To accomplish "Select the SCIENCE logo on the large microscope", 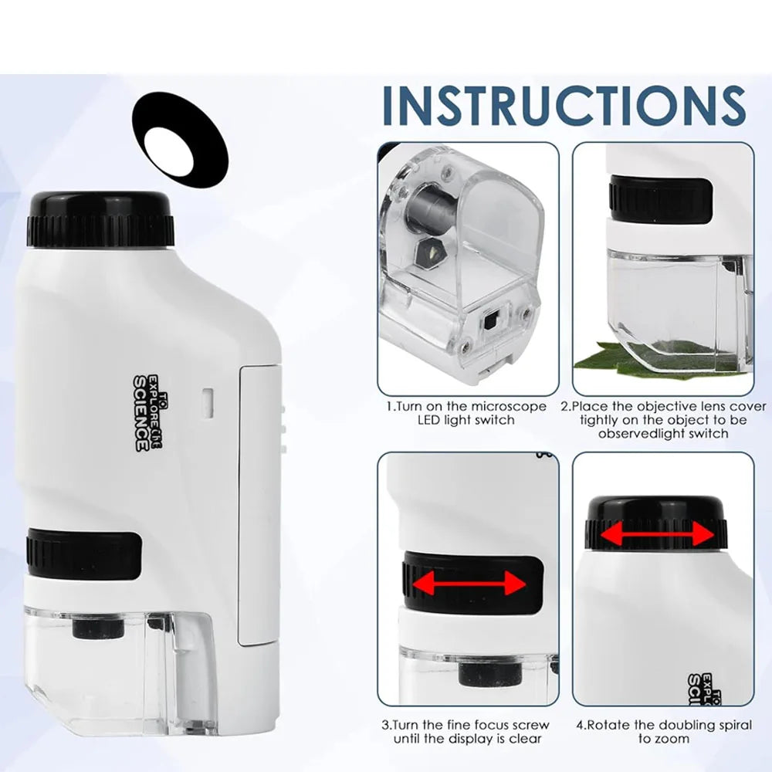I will tap(142, 413).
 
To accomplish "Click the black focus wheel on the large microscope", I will tap(83, 554).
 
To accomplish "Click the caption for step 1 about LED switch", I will tap(466, 413).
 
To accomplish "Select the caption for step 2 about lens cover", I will tap(663, 419).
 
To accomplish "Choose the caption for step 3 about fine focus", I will tap(466, 732).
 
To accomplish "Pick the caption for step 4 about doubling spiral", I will tap(663, 732).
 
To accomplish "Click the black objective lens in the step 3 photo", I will tap(479, 674).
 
